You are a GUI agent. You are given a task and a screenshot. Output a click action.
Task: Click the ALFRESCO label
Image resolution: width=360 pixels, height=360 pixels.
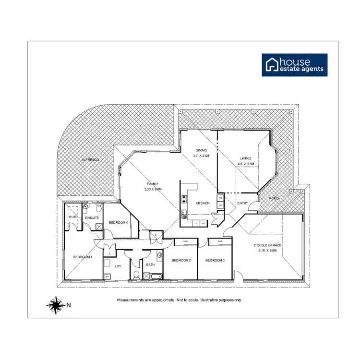coord(90,159)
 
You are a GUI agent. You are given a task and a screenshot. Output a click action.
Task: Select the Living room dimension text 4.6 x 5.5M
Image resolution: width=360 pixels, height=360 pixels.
coord(245,164)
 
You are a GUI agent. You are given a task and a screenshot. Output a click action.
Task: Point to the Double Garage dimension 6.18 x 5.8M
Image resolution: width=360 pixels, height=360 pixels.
coord(268,250)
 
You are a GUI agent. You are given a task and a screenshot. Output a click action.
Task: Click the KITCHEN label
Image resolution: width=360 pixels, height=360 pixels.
coord(203,204)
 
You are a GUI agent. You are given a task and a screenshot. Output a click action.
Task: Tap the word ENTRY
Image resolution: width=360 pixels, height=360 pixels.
coord(243,204)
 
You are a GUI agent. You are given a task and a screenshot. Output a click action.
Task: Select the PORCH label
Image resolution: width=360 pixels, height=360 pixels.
coord(275,198)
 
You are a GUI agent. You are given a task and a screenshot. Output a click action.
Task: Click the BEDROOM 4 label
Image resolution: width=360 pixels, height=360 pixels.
coord(118,223)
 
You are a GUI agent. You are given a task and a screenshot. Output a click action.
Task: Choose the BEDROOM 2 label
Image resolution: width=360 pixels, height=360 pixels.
coord(181,260)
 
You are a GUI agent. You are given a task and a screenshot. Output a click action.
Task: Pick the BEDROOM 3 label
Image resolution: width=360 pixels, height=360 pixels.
coord(215,260)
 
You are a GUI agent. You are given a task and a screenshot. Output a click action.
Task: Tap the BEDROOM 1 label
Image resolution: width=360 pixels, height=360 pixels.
coord(83,258)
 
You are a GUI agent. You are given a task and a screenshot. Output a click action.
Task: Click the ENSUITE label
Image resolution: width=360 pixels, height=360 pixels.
coord(92,218)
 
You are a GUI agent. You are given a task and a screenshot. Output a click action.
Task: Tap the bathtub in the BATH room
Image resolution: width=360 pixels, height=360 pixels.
coord(156,276)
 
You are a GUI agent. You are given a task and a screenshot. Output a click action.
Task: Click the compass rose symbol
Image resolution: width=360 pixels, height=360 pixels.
coord(56,304)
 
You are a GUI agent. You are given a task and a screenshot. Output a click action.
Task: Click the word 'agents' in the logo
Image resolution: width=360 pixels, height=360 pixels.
coord(312,69)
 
